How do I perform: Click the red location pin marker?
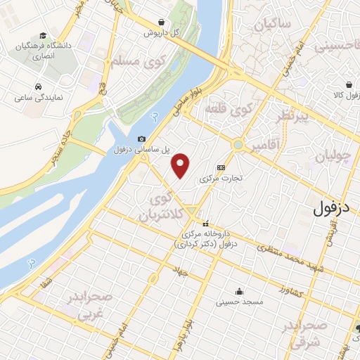tap(181, 165)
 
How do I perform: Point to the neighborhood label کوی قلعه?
tap(228, 110)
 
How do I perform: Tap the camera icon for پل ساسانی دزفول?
tap(142, 139)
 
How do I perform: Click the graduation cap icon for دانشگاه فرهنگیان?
tap(44, 36)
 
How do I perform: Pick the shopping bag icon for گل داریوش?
tap(163, 22)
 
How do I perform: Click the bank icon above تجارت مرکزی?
tap(221, 167)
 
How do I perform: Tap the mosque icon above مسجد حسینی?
tap(240, 290)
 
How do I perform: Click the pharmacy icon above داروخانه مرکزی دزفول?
tap(205, 224)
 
